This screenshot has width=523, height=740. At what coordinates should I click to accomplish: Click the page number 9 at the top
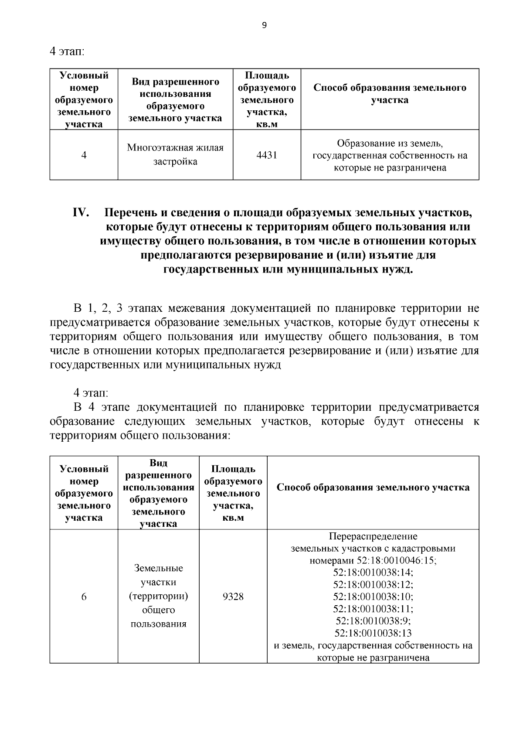pos(264,25)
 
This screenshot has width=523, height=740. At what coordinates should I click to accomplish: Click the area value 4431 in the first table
pos(267,155)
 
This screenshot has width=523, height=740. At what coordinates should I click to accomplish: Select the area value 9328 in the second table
pos(233,597)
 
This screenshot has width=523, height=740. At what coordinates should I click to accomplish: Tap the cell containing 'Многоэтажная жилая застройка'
pos(175,155)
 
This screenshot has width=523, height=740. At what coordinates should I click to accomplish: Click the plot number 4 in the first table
pos(84,155)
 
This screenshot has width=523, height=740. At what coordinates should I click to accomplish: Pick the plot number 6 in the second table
pos(84,597)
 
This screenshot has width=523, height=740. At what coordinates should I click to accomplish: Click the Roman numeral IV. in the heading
pos(81,213)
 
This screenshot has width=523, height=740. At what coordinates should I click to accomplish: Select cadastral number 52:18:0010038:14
pos(373,572)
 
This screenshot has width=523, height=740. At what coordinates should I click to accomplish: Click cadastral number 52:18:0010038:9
pos(373,621)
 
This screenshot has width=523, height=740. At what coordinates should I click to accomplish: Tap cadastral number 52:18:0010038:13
pos(373,633)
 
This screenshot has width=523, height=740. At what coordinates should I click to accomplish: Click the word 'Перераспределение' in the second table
pos(373,536)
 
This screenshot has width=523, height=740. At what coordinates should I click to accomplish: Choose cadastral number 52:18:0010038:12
pos(373,584)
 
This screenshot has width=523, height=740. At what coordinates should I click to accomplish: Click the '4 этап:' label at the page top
pos(67,51)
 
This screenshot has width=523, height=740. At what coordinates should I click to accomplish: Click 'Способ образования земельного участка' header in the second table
pos(373,488)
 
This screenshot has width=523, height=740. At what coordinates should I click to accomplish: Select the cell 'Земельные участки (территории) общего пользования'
pos(159,596)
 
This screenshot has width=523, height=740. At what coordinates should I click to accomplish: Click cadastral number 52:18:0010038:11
pos(373,608)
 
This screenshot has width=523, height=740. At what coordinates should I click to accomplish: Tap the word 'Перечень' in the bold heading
pos(129,213)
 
